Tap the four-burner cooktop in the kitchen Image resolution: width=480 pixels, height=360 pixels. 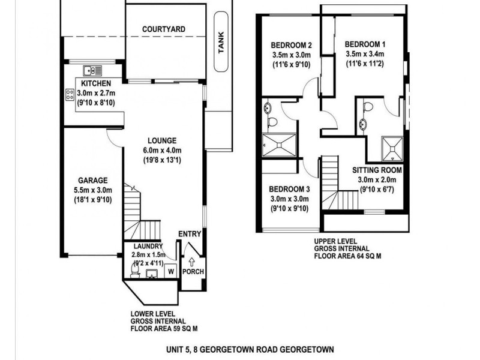tap(70, 94)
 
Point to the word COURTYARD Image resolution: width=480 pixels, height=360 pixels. tap(163, 29)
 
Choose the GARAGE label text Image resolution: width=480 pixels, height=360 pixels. tap(92, 179)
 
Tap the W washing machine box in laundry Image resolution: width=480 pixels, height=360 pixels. tap(171, 271)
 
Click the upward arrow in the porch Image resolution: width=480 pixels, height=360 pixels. tap(192, 261)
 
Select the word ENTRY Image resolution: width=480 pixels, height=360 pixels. tap(191, 234)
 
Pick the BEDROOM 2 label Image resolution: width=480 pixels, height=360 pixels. tap(292, 44)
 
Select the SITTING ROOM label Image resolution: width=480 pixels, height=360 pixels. tap(377, 170)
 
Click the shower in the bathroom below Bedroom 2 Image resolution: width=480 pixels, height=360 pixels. tap(279, 144)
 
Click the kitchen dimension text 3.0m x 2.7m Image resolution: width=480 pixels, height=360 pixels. tap(98, 92)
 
